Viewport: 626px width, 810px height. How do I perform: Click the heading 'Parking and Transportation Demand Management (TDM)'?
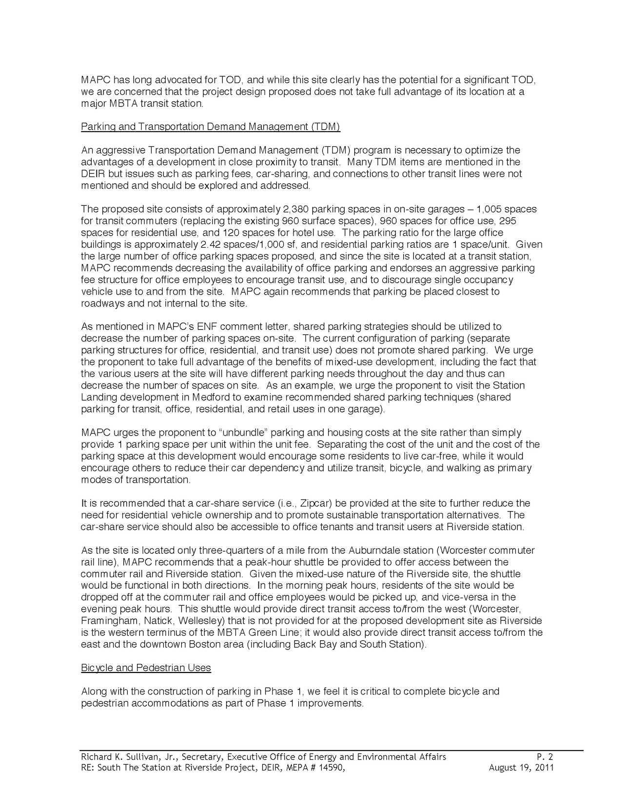pos(210,127)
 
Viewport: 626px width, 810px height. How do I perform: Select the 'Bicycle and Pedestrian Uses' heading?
pos(146,668)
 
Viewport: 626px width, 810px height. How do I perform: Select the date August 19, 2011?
pos(521,768)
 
